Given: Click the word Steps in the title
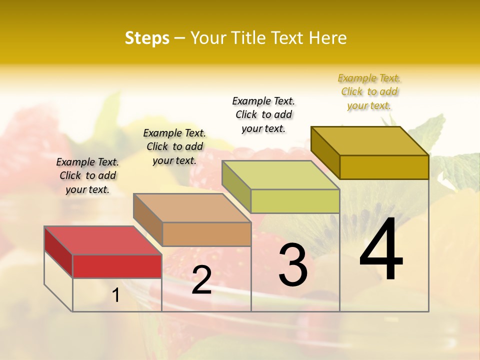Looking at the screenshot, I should [x=147, y=38].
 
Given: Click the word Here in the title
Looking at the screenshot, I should [x=327, y=38].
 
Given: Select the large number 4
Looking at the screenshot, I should [x=381, y=250].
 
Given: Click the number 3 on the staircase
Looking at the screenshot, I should [x=292, y=265].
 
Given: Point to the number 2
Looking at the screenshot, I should [x=201, y=280].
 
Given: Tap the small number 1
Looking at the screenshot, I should [x=116, y=295].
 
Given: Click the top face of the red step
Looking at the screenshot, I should [x=102, y=240].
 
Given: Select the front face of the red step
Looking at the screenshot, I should [x=117, y=266].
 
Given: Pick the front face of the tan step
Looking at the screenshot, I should [x=206, y=234].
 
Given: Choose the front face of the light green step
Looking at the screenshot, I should [x=295, y=201].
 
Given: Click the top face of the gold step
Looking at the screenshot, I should [x=369, y=140].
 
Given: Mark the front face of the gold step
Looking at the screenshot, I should [x=384, y=167].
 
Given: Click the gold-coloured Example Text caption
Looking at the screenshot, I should [x=369, y=91].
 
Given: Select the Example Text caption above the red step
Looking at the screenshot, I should [x=87, y=175].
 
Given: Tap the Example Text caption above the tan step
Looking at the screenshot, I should [x=174, y=146].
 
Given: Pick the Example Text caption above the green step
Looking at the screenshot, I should [x=263, y=114].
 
